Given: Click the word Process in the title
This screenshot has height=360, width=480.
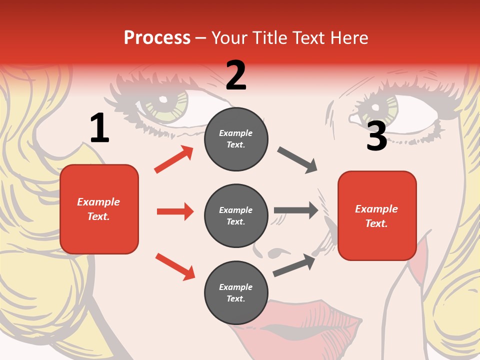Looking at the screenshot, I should [157, 38].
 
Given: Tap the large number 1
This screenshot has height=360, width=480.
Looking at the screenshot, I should [99, 128].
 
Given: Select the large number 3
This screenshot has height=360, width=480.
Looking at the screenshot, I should [376, 136].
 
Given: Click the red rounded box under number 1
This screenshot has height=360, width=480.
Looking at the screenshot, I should [99, 209].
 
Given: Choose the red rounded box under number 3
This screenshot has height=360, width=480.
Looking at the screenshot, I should [377, 215].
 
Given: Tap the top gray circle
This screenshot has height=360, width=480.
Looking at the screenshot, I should [236, 139].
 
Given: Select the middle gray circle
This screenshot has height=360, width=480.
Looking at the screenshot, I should [236, 215].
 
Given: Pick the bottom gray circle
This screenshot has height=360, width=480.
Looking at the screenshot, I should [236, 292].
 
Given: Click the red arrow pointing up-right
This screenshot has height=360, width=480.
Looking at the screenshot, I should [174, 159].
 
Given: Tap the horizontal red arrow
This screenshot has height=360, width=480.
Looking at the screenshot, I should [175, 211].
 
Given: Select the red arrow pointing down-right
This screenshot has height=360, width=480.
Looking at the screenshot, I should [175, 266].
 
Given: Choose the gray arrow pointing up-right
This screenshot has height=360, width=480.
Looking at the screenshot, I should [294, 265].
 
